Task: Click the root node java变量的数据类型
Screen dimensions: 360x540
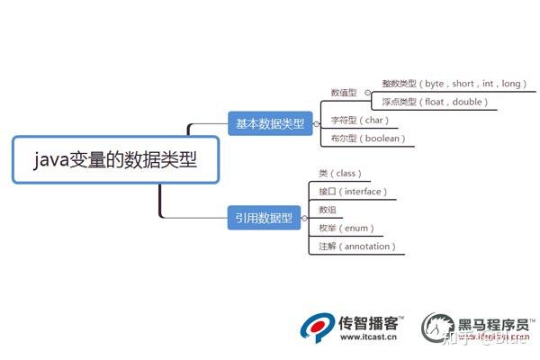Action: [114, 161]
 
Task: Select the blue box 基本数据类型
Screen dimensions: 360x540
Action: [269, 122]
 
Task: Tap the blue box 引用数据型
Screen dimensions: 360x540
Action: [263, 217]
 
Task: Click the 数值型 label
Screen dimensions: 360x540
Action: [344, 92]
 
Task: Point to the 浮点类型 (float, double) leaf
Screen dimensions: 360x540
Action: [435, 102]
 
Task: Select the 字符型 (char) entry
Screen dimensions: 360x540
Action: [359, 121]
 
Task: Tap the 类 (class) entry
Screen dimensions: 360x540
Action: [339, 173]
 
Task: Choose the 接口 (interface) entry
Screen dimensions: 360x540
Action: [352, 191]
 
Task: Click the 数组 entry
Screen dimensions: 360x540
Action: [328, 210]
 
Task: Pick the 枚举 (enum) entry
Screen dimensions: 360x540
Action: [346, 228]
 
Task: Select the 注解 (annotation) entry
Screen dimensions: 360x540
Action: [357, 246]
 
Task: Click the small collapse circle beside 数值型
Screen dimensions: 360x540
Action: [366, 92]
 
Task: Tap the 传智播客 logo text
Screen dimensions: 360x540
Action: [372, 320]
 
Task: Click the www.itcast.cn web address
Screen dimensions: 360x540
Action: [371, 337]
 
